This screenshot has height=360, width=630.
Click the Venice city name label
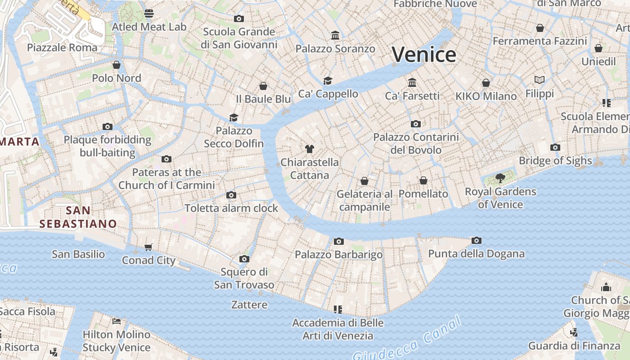click(x=424, y=55)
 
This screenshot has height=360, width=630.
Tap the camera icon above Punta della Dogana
click(x=477, y=241)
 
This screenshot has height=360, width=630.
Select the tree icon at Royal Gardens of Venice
click(x=500, y=179)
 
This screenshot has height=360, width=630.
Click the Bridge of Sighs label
click(x=555, y=161)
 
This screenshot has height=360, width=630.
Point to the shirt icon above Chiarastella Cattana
click(x=309, y=148)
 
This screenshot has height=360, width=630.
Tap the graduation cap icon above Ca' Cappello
click(x=328, y=81)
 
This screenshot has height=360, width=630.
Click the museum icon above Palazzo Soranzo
click(x=335, y=35)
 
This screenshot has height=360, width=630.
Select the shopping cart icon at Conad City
click(x=148, y=247)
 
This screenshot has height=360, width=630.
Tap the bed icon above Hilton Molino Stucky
click(x=117, y=321)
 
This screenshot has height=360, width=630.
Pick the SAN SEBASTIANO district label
click(x=78, y=217)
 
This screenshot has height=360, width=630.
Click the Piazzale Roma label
click(x=62, y=48)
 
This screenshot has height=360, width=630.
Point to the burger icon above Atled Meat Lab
click(x=149, y=13)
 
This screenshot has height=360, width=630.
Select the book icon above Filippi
click(x=540, y=80)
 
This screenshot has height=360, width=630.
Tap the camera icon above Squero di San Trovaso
click(x=244, y=259)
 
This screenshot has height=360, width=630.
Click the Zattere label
click(x=249, y=305)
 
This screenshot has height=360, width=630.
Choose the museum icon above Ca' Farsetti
click(x=412, y=82)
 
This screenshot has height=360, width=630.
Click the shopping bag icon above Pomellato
click(x=423, y=180)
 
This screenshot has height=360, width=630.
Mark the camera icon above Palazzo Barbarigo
click(x=339, y=241)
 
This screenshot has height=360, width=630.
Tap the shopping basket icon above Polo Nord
click(x=117, y=65)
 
